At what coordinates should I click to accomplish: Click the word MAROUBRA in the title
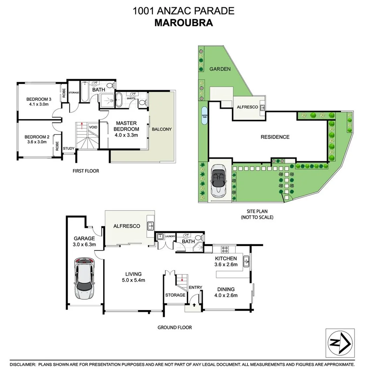point(183,23)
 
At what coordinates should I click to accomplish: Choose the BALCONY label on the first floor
point(162,129)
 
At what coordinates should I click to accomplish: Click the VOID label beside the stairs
point(93,127)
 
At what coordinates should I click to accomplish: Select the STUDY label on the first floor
point(69,148)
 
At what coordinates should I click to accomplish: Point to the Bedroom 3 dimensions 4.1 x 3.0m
point(38,104)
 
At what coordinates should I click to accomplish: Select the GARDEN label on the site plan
point(220,69)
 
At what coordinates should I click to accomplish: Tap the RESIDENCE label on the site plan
point(275,137)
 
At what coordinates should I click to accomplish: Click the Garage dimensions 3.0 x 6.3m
point(84,244)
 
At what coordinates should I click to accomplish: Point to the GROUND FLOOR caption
point(174,327)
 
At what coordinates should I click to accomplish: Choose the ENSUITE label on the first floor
point(131,98)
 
